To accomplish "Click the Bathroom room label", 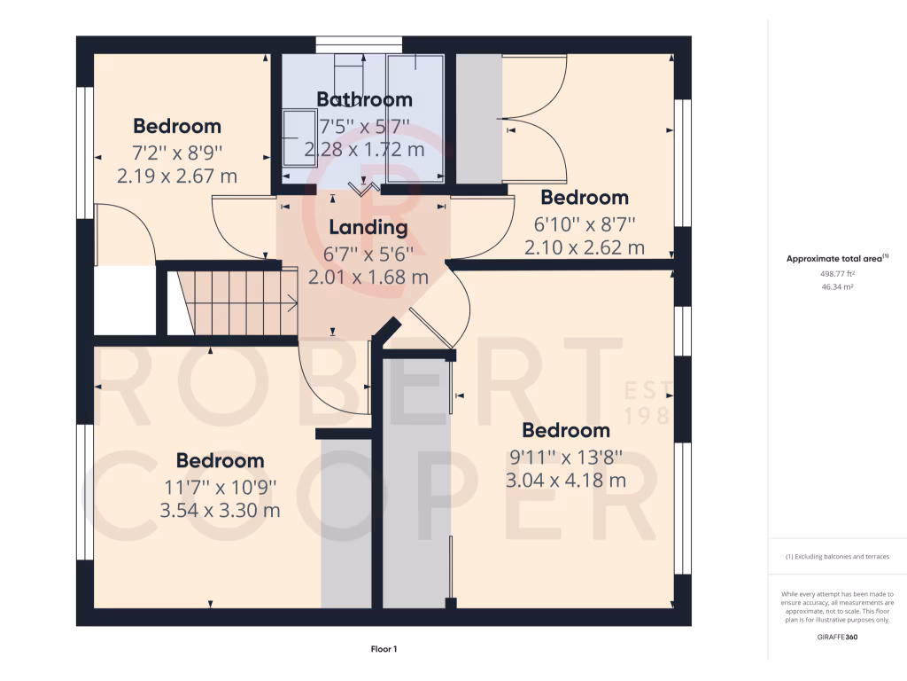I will [x=364, y=99].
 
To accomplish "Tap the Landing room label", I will [x=368, y=227].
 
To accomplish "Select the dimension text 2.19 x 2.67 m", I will [x=177, y=176].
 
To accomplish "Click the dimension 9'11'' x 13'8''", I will [x=566, y=457].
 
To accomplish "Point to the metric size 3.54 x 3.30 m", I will [x=220, y=511].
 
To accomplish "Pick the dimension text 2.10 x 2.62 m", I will [x=585, y=247].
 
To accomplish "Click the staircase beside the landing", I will [x=237, y=302].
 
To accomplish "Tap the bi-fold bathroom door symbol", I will [x=360, y=187].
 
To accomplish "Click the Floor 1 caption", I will [x=384, y=649].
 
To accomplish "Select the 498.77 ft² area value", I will [x=837, y=274].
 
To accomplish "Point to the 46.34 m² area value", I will [x=837, y=287].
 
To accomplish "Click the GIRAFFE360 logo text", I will [x=837, y=637].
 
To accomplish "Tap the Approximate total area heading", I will [x=837, y=259].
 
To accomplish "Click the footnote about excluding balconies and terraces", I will [x=837, y=557].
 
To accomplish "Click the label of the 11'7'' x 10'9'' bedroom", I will [x=220, y=460].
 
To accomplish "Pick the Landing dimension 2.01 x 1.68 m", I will [x=368, y=277].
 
